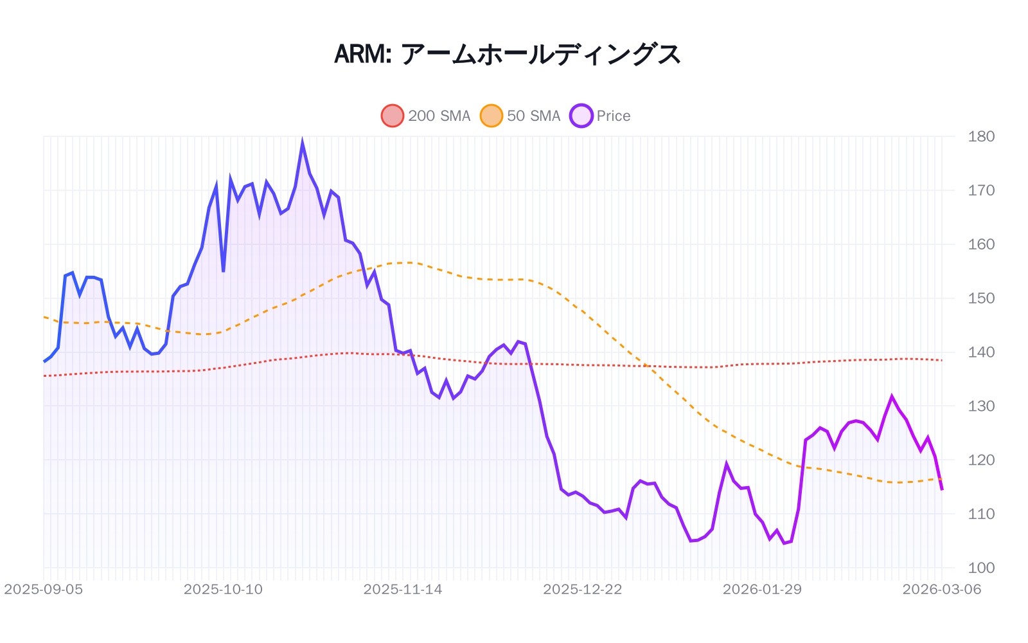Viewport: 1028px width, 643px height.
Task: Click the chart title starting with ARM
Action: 507,55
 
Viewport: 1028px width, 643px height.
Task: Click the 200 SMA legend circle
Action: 393,116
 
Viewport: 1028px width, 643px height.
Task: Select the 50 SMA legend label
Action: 533,116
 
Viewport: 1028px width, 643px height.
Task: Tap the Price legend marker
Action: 581,116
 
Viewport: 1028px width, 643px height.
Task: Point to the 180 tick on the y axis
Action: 981,136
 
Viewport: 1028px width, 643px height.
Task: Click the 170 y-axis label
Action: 981,190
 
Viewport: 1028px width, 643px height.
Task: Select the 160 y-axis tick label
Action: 981,244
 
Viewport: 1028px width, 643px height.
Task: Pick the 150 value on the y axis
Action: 981,298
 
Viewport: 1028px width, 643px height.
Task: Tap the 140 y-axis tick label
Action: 981,352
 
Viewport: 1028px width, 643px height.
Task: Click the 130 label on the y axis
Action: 981,406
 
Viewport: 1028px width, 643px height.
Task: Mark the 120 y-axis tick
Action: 981,460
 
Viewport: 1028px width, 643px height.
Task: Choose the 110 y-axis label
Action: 981,514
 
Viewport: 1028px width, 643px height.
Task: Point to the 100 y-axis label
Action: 981,568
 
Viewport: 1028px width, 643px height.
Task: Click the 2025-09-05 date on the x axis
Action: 44,590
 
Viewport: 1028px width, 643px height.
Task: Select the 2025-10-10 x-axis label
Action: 223,590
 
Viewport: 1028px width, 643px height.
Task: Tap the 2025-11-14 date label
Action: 403,590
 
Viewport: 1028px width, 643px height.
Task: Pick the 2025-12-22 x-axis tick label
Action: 583,590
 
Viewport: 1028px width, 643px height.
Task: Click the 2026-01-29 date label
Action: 762,590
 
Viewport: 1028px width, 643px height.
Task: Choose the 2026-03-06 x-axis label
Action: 942,590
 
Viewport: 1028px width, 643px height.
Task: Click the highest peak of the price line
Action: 302,144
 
